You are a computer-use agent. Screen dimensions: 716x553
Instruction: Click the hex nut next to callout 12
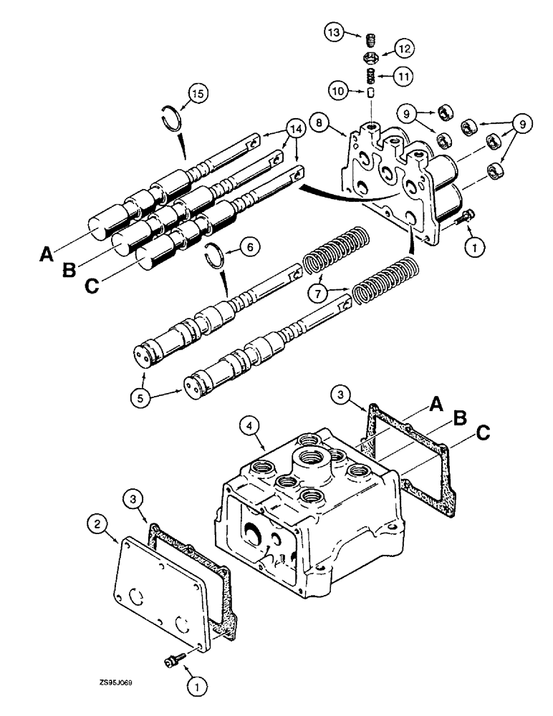[x=372, y=57]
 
